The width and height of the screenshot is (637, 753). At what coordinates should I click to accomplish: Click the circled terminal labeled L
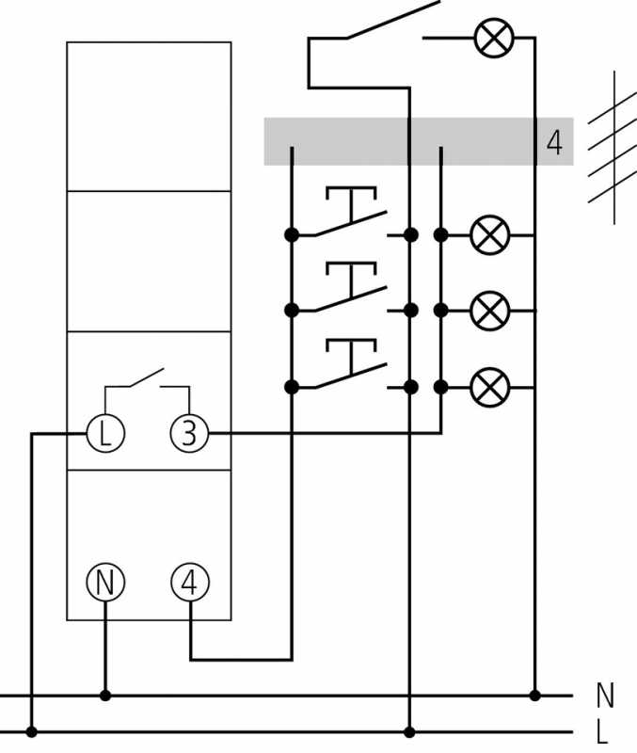105,434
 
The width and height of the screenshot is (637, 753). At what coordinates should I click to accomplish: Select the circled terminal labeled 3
190,434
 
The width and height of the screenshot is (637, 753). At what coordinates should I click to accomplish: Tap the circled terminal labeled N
105,582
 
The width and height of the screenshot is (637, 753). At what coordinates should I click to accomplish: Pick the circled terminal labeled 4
190,582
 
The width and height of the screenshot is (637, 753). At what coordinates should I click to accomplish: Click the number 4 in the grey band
554,142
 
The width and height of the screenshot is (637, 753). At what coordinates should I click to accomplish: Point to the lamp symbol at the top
494,38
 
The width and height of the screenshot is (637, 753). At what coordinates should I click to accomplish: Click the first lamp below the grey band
489,234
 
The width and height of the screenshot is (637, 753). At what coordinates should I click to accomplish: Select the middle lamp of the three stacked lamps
489,311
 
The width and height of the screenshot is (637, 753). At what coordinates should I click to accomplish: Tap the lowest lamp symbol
489,387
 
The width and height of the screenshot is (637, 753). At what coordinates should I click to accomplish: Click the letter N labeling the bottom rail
605,695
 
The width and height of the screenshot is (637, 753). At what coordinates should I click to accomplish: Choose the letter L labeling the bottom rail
602,732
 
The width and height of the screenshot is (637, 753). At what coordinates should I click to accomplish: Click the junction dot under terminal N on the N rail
105,695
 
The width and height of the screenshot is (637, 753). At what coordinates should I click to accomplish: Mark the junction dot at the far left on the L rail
32,732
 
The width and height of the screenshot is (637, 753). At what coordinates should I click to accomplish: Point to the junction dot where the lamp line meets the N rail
534,695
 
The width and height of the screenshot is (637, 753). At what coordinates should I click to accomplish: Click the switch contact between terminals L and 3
147,378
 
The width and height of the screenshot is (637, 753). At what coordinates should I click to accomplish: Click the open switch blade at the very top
393,20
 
